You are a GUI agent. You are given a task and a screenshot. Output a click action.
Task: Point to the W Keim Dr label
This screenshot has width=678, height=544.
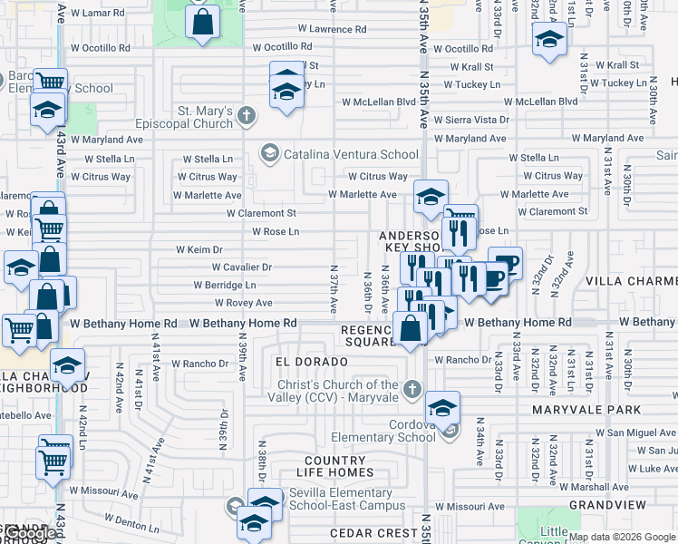(199, 249)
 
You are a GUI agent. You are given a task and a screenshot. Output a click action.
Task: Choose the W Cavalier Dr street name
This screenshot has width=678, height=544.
(241, 267)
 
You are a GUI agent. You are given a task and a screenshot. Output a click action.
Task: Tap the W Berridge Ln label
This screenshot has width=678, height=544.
(225, 285)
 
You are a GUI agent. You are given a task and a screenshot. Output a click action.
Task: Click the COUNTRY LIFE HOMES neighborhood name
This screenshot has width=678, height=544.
(334, 466)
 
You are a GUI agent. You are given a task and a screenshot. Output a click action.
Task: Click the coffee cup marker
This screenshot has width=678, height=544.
(505, 263)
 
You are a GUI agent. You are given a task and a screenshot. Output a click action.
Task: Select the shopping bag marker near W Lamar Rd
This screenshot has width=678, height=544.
(203, 22)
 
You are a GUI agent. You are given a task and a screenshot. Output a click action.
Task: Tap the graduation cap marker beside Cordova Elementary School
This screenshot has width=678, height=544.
(442, 408)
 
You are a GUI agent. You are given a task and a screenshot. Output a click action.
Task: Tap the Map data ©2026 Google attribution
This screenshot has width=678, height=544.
(621, 537)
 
